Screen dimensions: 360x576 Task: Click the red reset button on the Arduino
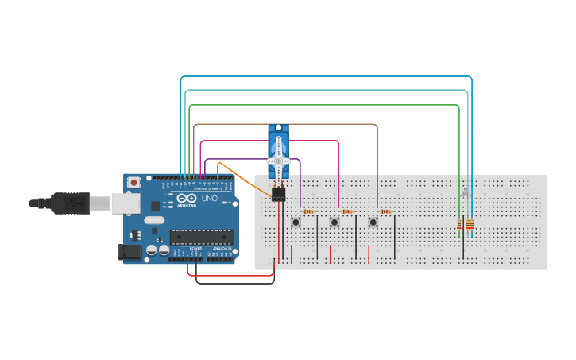click(134, 182)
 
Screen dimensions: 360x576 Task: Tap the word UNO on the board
click(210, 199)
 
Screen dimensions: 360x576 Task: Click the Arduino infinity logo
click(186, 199)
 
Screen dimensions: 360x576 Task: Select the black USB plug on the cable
click(69, 203)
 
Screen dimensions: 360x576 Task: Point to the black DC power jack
click(130, 253)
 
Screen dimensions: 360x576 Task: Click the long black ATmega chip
click(201, 237)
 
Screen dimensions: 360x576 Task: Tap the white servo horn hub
click(278, 160)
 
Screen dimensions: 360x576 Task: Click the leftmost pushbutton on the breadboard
click(296, 222)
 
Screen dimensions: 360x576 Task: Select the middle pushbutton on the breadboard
click(334, 222)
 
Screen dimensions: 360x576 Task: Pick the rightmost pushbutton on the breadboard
click(373, 222)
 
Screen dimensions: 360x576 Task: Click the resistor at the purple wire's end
click(308, 211)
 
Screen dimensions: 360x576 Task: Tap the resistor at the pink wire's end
click(347, 211)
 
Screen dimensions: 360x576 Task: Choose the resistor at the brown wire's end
click(386, 211)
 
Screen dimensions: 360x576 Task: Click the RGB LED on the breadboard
click(466, 193)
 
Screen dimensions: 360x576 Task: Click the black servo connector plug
click(278, 195)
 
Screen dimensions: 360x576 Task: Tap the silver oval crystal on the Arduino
click(154, 220)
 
